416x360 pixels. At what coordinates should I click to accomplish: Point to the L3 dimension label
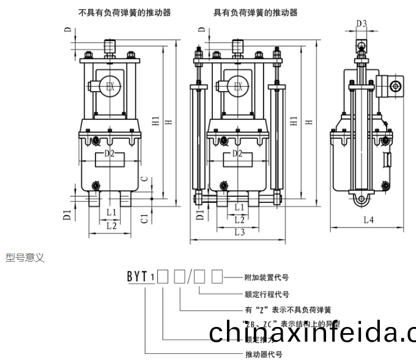(239, 232)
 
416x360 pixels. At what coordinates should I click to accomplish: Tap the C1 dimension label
(143, 218)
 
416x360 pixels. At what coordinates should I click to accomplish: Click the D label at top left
(68, 30)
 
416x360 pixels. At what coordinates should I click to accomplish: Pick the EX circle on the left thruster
(110, 86)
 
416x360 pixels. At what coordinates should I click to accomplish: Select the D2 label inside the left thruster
(110, 153)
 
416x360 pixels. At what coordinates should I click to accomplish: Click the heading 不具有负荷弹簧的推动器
(125, 12)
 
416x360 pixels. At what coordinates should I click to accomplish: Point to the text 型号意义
(25, 258)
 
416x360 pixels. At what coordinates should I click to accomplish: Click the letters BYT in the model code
(137, 277)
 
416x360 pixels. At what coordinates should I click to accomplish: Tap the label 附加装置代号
(266, 277)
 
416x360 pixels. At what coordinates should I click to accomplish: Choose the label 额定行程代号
(266, 293)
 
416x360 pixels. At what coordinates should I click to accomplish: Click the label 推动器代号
(263, 354)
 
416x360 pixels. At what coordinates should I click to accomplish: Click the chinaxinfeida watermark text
(312, 332)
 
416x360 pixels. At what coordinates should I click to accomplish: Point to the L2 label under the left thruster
(111, 226)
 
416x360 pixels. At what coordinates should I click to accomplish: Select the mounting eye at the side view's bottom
(360, 199)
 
